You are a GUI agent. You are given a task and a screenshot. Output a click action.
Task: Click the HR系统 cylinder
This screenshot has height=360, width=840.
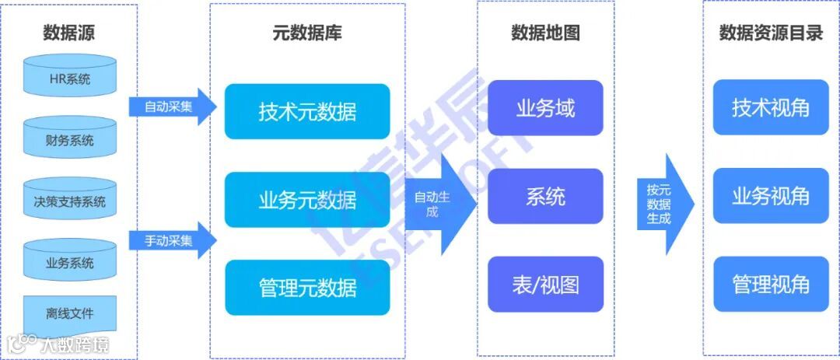[70, 79]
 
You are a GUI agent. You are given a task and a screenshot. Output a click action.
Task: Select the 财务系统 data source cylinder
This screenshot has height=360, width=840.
[70, 141]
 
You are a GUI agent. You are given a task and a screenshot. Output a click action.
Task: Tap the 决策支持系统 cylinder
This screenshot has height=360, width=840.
[70, 202]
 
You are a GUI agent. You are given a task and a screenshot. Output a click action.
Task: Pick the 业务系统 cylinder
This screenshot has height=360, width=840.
[70, 263]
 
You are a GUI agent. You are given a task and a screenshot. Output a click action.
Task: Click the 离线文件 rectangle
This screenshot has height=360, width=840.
[70, 313]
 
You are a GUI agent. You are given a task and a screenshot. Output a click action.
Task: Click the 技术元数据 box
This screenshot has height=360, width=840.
[307, 111]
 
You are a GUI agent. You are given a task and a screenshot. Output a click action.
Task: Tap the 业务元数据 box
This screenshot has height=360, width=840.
[307, 200]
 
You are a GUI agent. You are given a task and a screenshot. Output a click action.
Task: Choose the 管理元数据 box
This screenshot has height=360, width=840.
[307, 288]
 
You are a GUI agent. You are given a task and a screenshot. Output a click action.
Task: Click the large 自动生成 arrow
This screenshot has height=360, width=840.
[439, 204]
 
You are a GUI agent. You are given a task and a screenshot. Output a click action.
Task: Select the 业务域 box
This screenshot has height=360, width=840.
[545, 108]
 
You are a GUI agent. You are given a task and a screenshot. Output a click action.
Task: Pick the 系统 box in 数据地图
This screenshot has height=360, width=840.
[545, 196]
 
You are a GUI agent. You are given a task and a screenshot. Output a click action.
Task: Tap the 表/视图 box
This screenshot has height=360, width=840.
[545, 284]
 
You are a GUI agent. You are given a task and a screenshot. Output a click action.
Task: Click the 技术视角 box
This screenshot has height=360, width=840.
[770, 108]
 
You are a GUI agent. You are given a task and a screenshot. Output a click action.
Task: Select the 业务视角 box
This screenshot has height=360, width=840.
[770, 196]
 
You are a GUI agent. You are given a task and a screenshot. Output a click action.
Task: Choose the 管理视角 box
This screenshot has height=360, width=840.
[770, 284]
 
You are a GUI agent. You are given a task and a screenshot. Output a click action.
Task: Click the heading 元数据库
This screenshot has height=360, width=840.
[306, 33]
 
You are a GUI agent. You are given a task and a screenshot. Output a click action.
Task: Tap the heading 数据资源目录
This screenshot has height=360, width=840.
[770, 33]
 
